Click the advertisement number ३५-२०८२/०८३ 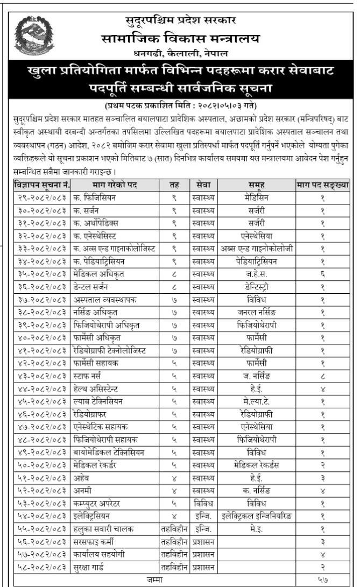click(x=41, y=274)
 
